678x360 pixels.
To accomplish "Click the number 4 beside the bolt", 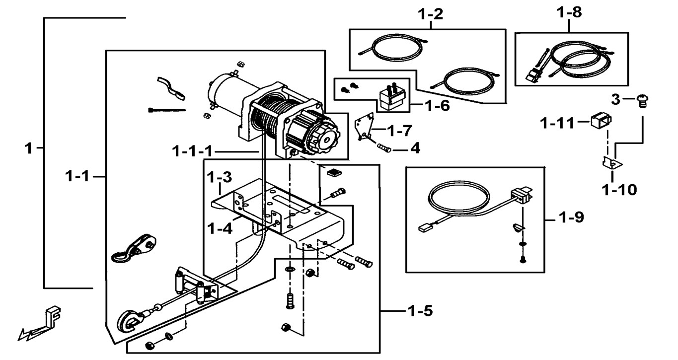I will click(414, 148).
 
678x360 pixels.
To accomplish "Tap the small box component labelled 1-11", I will click(600, 121).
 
